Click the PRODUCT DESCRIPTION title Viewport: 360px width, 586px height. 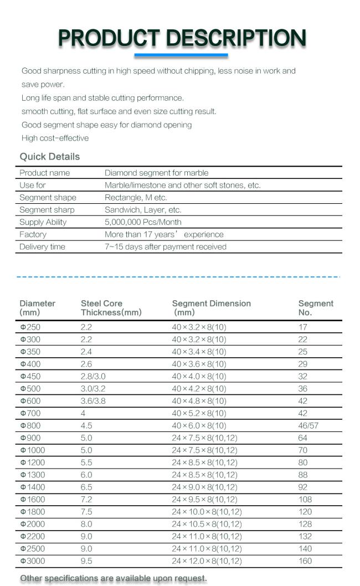pyautogui.click(x=182, y=38)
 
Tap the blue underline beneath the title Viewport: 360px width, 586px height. pyautogui.click(x=181, y=55)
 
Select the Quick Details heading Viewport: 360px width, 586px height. pyautogui.click(x=50, y=157)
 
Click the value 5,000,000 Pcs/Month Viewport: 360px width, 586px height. pyautogui.click(x=143, y=222)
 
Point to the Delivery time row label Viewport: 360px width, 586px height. pyautogui.click(x=42, y=247)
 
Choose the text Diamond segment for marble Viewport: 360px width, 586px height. pyautogui.click(x=156, y=173)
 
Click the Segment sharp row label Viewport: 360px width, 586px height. pyautogui.click(x=47, y=210)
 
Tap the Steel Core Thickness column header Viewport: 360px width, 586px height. pyautogui.click(x=111, y=308)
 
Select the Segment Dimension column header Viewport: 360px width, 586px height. pyautogui.click(x=211, y=307)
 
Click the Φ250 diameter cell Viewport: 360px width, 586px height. pyautogui.click(x=30, y=327)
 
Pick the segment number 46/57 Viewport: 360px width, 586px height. pyautogui.click(x=308, y=426)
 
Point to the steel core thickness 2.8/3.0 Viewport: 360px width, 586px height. pyautogui.click(x=91, y=377)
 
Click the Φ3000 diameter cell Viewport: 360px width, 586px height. pyautogui.click(x=33, y=561)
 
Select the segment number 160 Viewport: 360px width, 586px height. pyautogui.click(x=305, y=561)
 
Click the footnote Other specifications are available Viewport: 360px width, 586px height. pyautogui.click(x=114, y=578)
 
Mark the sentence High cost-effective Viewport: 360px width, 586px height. pyautogui.click(x=55, y=138)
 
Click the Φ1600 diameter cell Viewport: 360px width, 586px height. pyautogui.click(x=33, y=500)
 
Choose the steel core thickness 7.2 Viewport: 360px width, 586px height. pyautogui.click(x=86, y=500)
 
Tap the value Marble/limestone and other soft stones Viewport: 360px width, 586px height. pyautogui.click(x=182, y=185)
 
